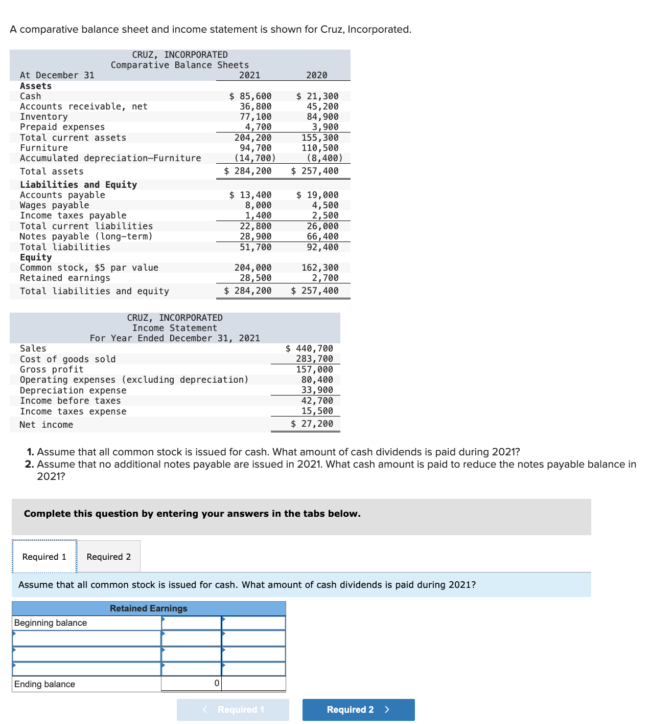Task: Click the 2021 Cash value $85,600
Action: coord(250,96)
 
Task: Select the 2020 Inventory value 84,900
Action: coord(322,117)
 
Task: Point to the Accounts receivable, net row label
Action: coord(83,106)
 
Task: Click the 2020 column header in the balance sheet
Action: coord(316,75)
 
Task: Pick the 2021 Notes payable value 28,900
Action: coord(256,236)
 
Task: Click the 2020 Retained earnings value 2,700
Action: coord(325,278)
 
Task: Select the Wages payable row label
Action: coord(54,205)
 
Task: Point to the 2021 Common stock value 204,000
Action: coord(253,268)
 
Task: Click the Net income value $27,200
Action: coord(312,424)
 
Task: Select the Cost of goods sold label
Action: coord(67,359)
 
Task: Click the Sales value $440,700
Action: coord(309,348)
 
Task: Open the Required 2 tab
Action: coord(109,557)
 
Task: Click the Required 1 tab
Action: coord(44,557)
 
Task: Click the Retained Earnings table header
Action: coord(149,608)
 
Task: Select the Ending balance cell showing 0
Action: coord(192,684)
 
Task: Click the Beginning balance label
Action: coord(51,623)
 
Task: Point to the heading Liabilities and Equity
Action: coord(78,185)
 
